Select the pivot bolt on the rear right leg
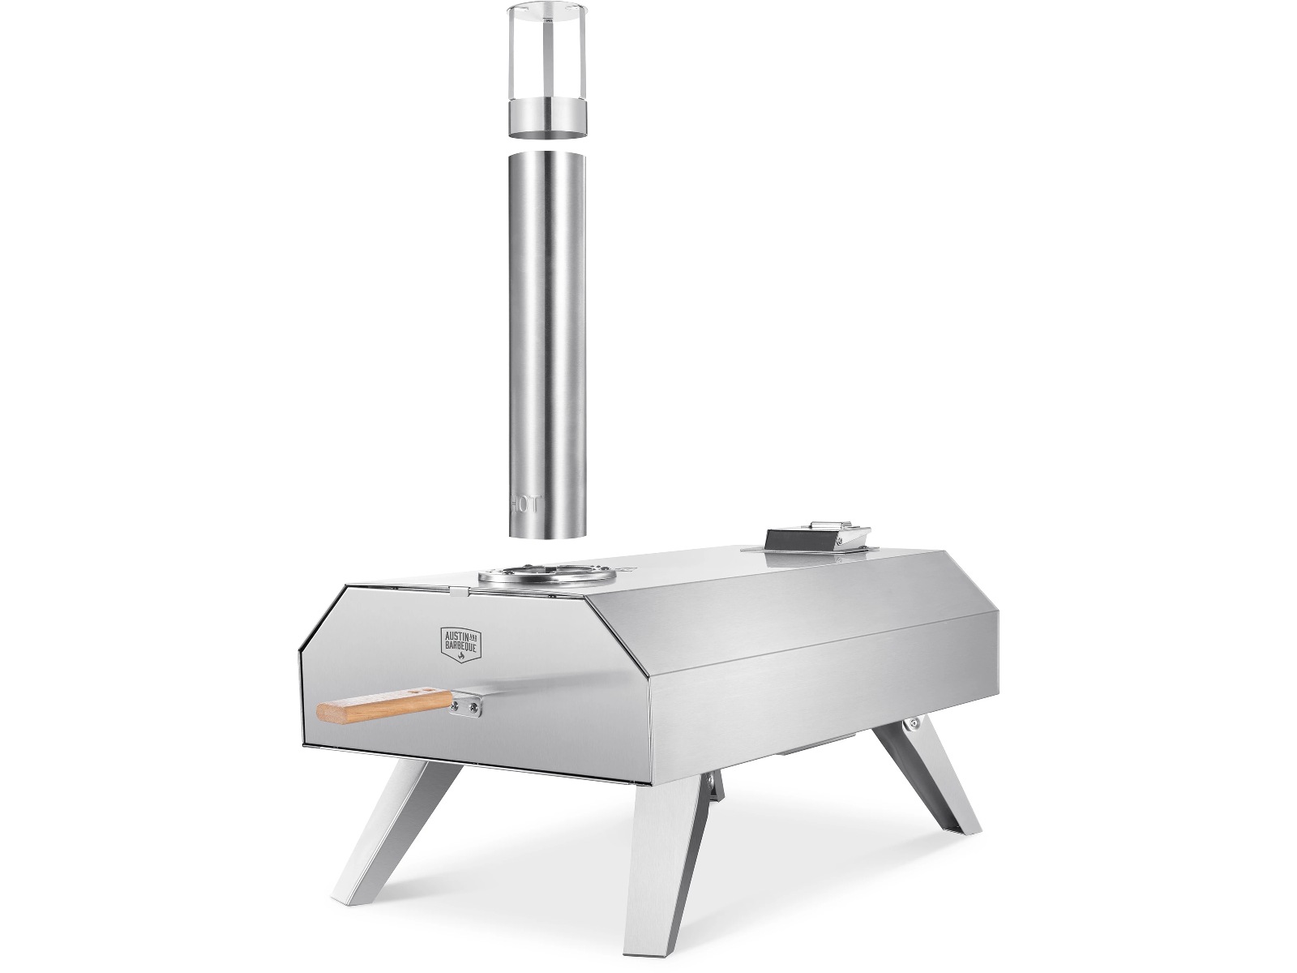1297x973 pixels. click(x=914, y=722)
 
